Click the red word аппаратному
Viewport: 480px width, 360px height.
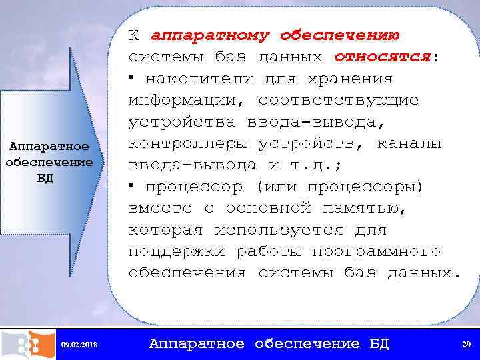click(211, 35)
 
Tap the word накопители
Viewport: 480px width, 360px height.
click(199, 79)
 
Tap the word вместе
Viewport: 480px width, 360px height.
click(160, 208)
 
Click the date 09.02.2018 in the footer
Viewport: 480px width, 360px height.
click(79, 344)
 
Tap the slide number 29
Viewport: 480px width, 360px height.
click(466, 344)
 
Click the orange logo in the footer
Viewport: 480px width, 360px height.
click(27, 344)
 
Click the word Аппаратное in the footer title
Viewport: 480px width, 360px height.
click(197, 343)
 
